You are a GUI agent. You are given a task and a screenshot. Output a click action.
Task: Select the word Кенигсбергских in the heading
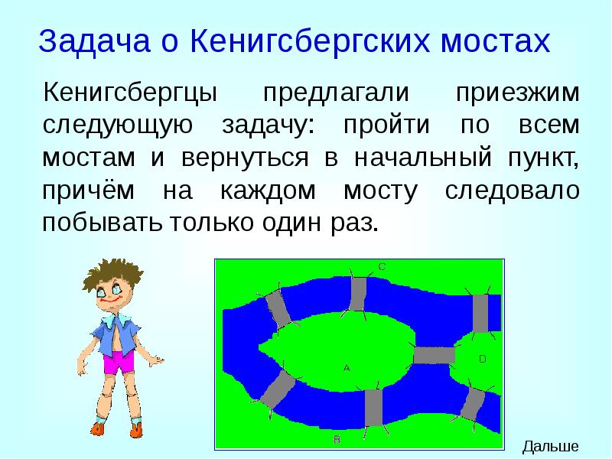pos(308,41)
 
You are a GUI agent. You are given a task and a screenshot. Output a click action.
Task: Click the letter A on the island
pos(347,368)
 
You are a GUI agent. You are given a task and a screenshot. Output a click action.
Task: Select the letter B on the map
pos(336,439)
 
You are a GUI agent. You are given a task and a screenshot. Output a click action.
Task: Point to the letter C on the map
pos(382,266)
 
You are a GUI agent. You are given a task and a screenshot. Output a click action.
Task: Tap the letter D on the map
pos(482,358)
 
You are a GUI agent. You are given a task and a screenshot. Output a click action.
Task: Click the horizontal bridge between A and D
pos(434,355)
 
